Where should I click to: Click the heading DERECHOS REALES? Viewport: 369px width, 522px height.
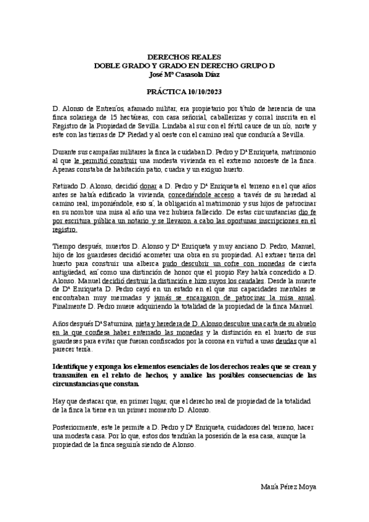tap(184, 56)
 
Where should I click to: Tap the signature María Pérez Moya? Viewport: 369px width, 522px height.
tap(290, 487)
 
